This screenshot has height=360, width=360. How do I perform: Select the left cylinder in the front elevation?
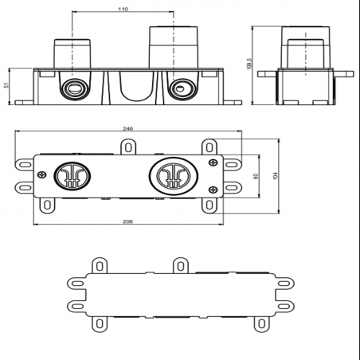pos(72,53)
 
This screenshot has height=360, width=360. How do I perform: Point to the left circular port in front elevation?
pos(73,87)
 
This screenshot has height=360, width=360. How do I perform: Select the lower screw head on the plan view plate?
pos(213,189)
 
